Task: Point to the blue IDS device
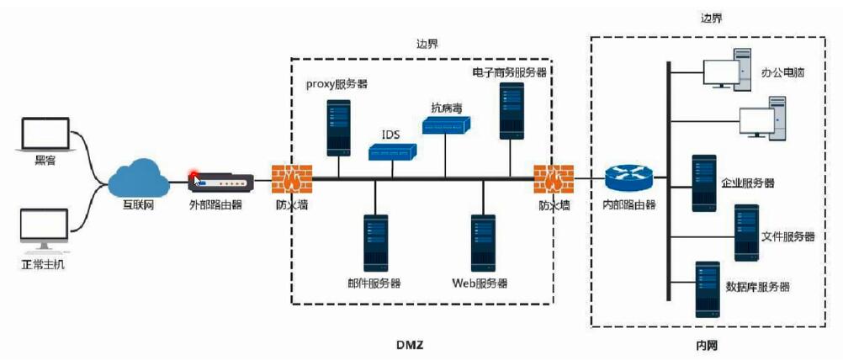(x=393, y=151)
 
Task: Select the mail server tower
(x=375, y=241)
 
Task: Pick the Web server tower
(x=483, y=241)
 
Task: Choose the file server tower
(x=746, y=231)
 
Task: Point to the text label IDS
(x=391, y=134)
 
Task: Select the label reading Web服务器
(x=480, y=283)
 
